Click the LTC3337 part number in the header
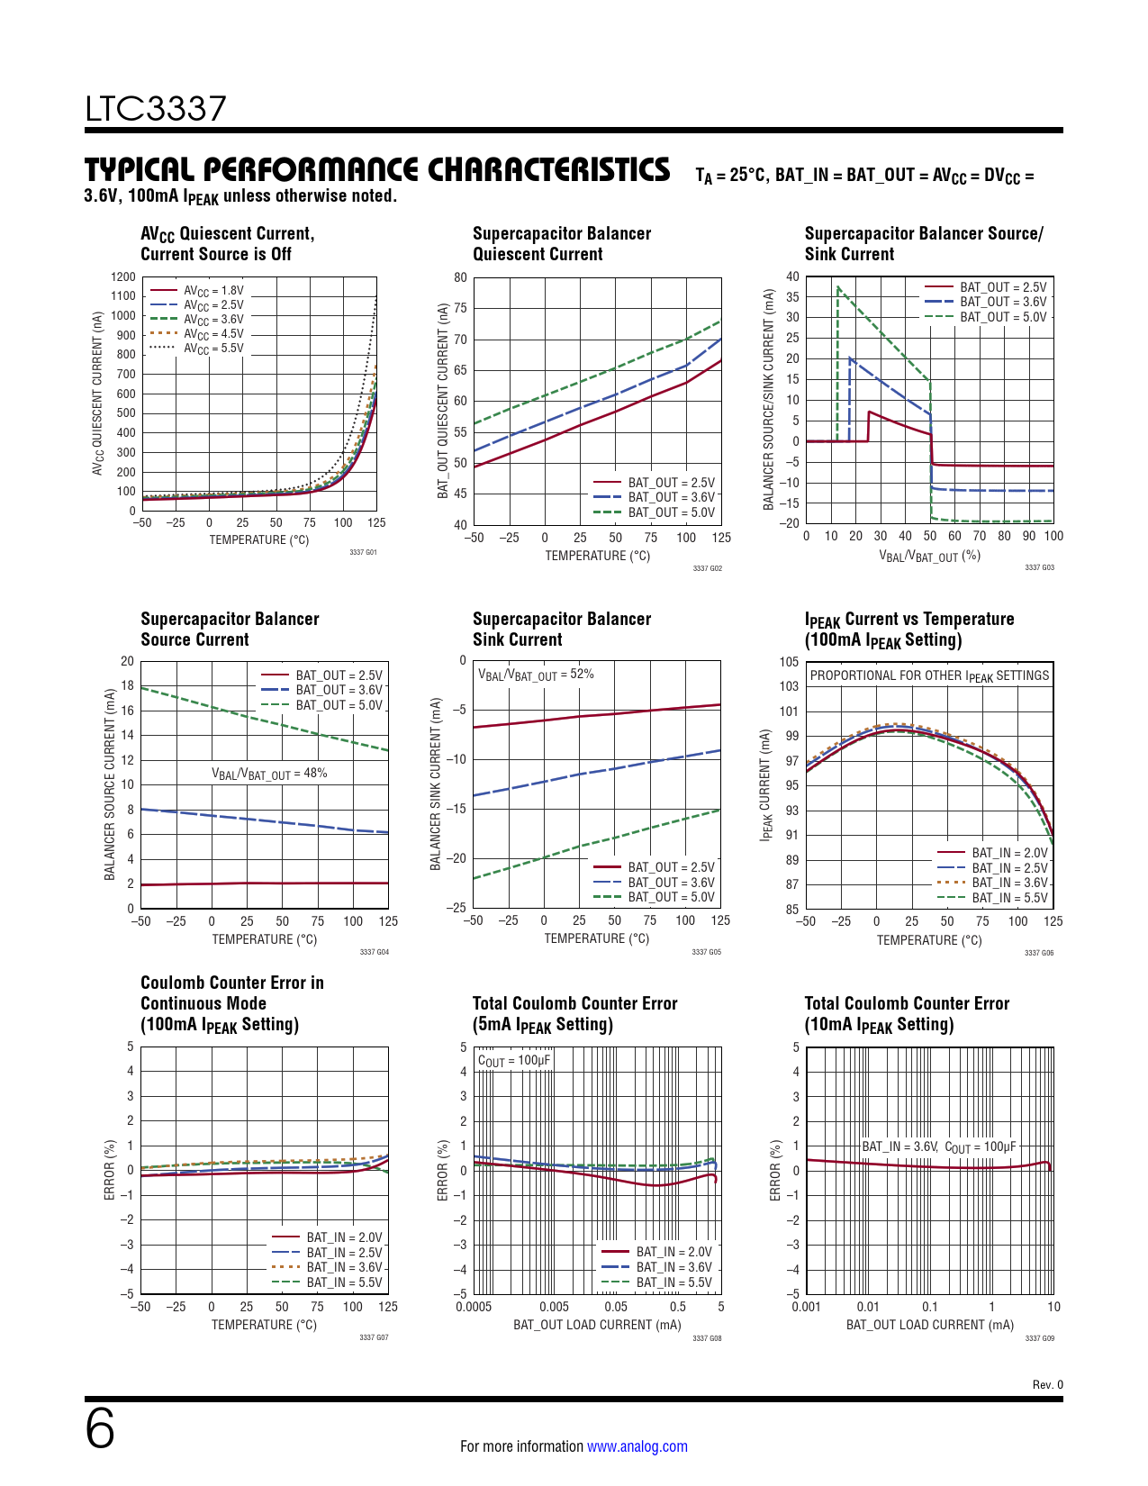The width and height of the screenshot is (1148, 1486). point(156,109)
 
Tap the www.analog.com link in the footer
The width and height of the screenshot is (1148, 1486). point(637,1446)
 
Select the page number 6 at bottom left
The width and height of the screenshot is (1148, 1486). point(100,1429)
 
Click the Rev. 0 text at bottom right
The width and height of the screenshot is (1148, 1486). point(1047,1384)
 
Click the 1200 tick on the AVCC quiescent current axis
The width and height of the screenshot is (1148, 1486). point(123,277)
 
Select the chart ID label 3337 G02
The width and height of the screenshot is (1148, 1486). point(707,568)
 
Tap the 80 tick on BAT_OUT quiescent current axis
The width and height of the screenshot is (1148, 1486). point(460,277)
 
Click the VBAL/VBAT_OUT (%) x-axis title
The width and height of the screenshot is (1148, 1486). point(929,557)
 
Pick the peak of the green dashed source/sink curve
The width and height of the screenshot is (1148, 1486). point(838,287)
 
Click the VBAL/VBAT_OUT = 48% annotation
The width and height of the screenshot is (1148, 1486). point(269,774)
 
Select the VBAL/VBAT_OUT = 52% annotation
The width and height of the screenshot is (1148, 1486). point(536,675)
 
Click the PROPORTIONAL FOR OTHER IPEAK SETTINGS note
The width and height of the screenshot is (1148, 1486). point(929,675)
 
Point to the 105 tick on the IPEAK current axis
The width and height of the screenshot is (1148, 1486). point(789,662)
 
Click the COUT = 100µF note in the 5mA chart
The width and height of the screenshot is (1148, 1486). point(513,1060)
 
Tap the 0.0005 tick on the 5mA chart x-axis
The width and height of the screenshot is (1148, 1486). point(474,1307)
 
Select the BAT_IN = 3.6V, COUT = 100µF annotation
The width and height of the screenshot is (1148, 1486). point(938,1146)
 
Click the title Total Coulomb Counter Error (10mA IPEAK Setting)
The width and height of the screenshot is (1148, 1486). point(907,1014)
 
